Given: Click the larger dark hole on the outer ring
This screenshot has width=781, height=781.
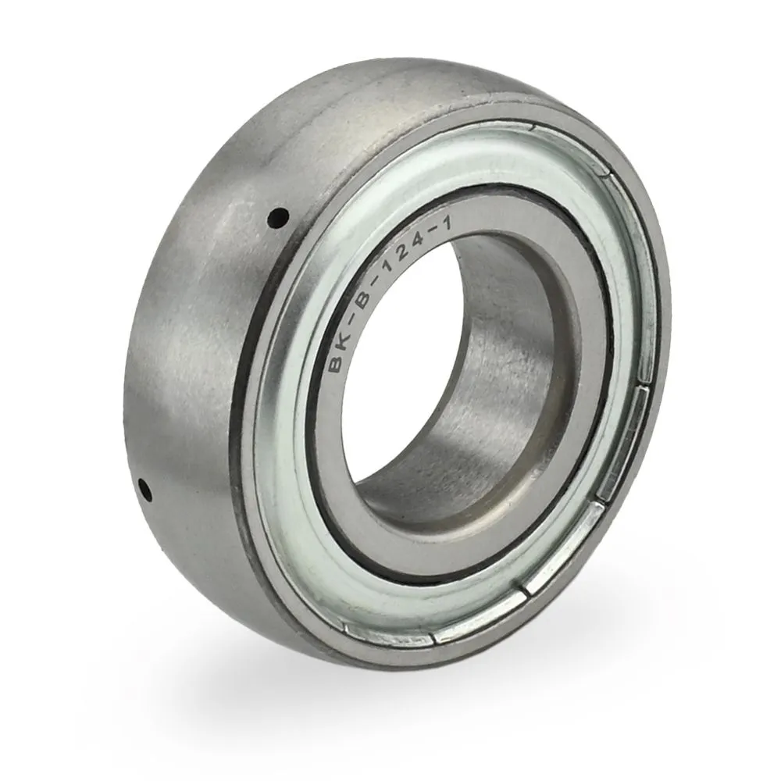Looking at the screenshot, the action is click(x=279, y=216).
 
